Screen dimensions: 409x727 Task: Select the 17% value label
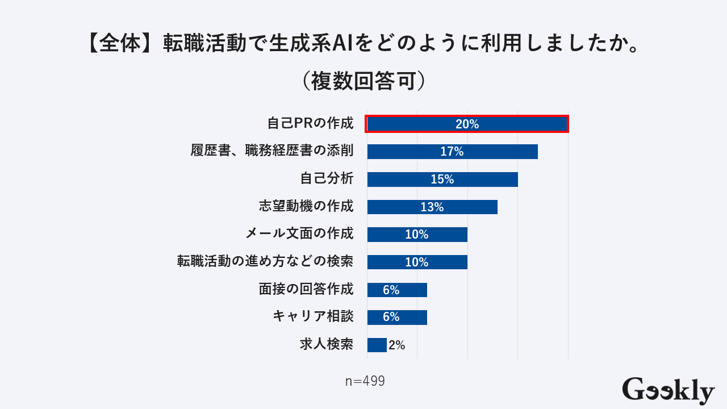452,152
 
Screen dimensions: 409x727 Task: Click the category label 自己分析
327,178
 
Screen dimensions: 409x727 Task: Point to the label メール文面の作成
299,233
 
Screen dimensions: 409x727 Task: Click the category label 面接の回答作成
306,289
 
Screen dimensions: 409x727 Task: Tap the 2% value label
397,345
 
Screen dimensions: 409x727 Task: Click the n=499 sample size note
365,381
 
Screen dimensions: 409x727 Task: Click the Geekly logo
668,390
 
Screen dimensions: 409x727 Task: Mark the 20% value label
467,124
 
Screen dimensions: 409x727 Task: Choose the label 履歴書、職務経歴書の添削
272,151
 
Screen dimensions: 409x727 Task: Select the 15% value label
442,180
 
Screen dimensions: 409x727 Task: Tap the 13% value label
432,207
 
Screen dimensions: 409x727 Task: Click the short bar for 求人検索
377,345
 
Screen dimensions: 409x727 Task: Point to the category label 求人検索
327,344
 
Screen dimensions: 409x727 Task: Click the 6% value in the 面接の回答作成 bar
391,290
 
